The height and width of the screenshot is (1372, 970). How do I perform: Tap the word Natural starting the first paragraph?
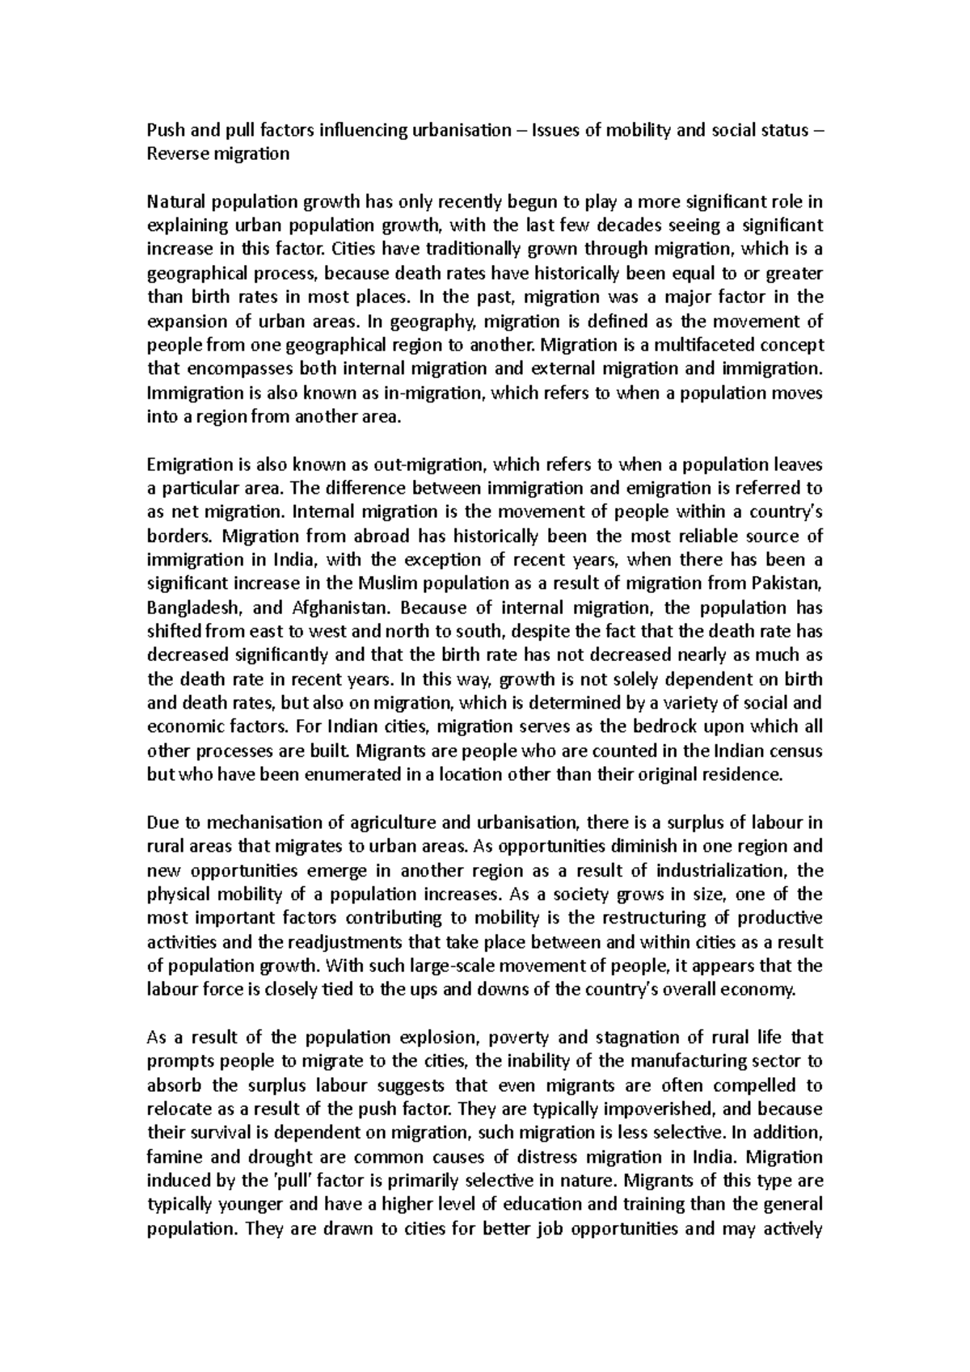pyautogui.click(x=173, y=202)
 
